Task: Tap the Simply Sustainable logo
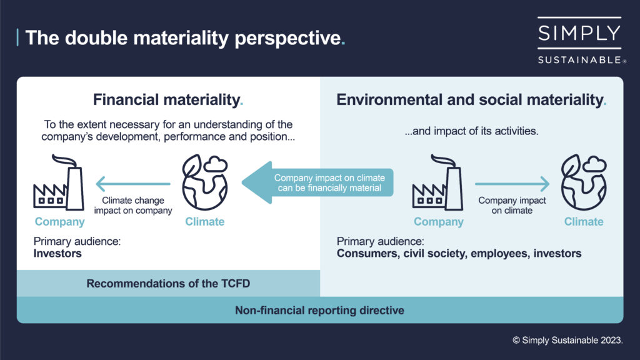[579, 41]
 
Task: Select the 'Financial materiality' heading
[168, 99]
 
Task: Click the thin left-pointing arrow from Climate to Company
[133, 184]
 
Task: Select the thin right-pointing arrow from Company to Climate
[512, 184]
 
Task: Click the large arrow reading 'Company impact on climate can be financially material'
[319, 182]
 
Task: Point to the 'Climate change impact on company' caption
[133, 206]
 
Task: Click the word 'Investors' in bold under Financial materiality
[57, 254]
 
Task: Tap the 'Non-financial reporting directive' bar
[319, 310]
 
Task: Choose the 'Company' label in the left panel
[59, 222]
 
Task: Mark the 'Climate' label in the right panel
[584, 222]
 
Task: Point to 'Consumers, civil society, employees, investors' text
[459, 254]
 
